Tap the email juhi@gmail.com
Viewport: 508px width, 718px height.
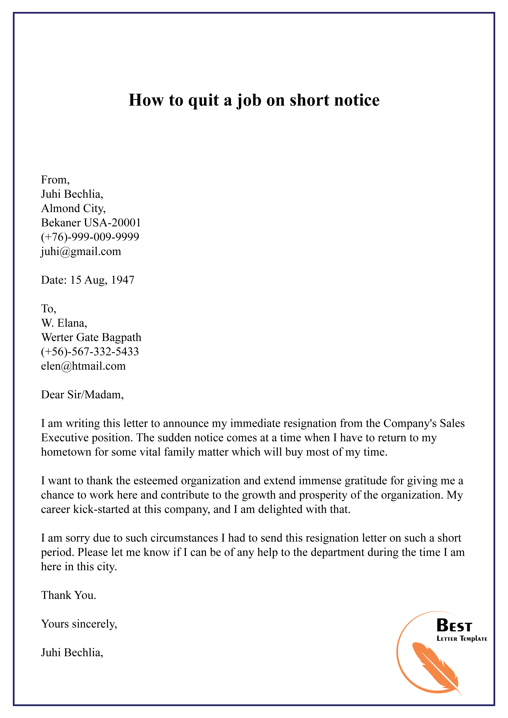pos(81,251)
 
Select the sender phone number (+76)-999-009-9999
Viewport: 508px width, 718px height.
pos(90,237)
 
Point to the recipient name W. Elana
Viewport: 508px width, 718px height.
pos(64,323)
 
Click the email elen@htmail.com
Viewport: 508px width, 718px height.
pos(83,366)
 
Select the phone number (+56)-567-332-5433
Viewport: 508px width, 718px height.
pos(90,351)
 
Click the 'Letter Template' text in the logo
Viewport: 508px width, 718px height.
pos(462,639)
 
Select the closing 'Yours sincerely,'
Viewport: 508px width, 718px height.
pos(79,624)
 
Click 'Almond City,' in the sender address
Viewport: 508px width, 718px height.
pos(73,208)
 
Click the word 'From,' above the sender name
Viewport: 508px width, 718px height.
pos(55,180)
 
